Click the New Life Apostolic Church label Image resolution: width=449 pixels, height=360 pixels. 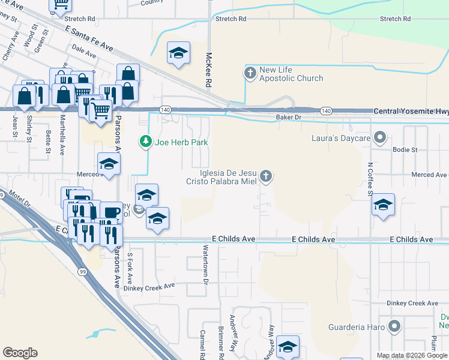(x=291, y=74)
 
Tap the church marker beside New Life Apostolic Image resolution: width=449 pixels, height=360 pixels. (x=250, y=73)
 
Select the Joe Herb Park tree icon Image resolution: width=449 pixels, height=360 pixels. (x=145, y=142)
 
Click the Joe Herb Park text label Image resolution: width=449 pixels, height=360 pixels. (x=180, y=143)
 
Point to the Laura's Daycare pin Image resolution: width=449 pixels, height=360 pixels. (x=379, y=139)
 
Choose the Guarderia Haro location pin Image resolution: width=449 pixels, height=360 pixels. (x=394, y=327)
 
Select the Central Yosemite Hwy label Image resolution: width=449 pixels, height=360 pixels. (x=411, y=112)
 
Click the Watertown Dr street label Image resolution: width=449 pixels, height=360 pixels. (x=205, y=264)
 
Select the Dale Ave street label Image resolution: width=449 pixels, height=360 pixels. (x=83, y=51)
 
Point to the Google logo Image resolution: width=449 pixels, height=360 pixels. (x=20, y=353)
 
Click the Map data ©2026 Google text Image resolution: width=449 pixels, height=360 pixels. (x=412, y=356)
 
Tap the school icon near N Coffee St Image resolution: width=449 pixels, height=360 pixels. (x=383, y=205)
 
